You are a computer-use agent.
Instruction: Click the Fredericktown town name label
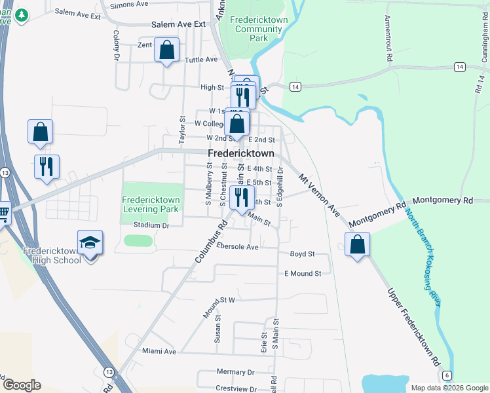[x=241, y=153]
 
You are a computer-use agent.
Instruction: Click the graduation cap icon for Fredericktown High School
[x=90, y=244]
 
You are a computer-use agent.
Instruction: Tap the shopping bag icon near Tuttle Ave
[x=167, y=50]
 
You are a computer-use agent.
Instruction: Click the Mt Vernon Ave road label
[x=319, y=196]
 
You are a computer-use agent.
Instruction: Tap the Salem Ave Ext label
[x=178, y=24]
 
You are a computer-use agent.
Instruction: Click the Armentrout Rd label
[x=388, y=39]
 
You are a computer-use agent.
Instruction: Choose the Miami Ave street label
[x=160, y=352]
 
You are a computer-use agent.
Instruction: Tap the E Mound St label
[x=303, y=273]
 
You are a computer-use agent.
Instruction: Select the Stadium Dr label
[x=151, y=225]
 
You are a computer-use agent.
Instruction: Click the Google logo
[x=22, y=385]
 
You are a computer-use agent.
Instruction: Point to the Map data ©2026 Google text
[x=449, y=388]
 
